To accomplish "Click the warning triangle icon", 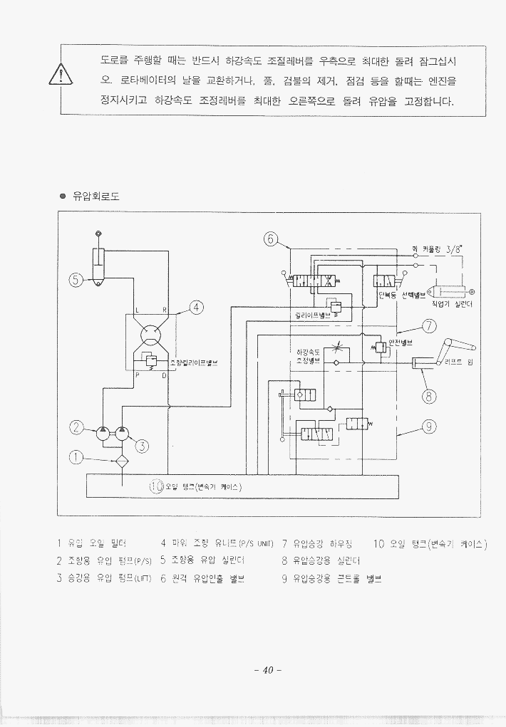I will pos(63,75).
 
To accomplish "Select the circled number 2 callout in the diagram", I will pos(76,427).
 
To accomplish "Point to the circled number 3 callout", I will pos(142,446).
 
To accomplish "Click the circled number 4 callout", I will pos(197,308).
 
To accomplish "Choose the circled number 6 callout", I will pos(270,239).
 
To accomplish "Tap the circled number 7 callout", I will pos(429,327).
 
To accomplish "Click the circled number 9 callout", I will pos(429,427).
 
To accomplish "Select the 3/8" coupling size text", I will pos(453,249).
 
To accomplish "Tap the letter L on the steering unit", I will pos(136,310).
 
